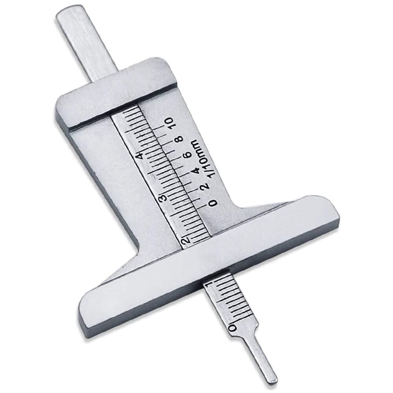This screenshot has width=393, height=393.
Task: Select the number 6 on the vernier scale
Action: coord(188,154)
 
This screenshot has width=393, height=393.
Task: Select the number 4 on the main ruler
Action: coord(139,156)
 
